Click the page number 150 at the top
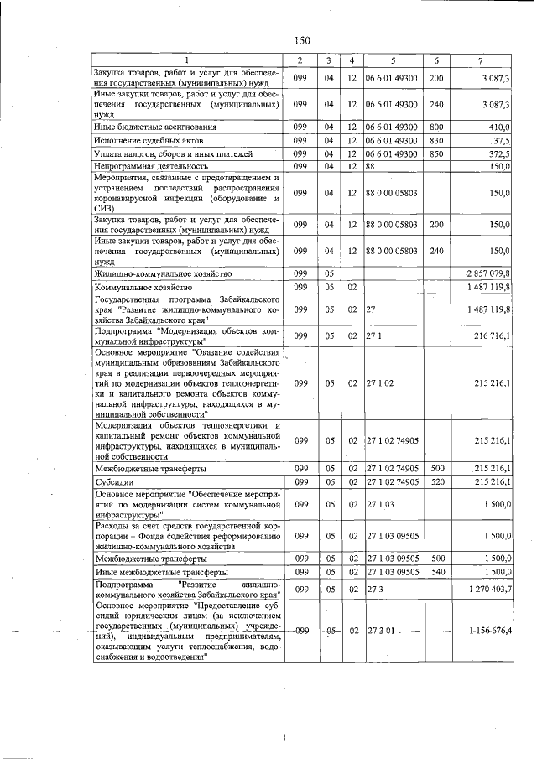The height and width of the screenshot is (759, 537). [302, 40]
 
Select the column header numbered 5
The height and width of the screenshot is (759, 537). [392, 61]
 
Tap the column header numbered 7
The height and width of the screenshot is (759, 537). [480, 61]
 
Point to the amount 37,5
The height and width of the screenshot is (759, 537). [501, 140]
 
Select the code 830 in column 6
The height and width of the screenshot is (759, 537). [436, 140]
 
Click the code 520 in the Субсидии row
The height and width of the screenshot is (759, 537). [436, 482]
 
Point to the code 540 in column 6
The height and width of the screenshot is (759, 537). [436, 571]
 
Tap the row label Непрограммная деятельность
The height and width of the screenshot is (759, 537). [145, 167]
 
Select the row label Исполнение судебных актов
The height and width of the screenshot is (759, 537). [145, 140]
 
